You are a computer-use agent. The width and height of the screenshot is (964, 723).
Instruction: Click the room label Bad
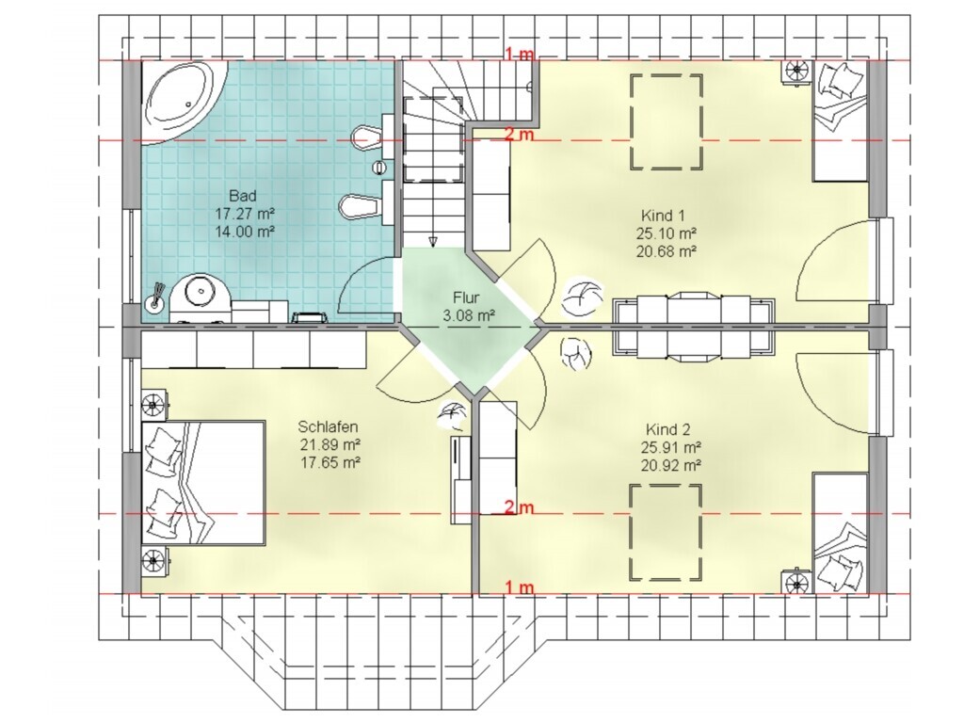pos(242,196)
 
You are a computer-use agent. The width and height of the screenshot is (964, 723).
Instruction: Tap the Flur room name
pos(466,298)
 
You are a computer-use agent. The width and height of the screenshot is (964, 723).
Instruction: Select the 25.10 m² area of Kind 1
pos(666,233)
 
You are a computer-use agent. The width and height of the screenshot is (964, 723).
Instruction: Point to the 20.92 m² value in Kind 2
pos(670,466)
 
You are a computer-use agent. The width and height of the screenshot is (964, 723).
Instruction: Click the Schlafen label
pos(328,426)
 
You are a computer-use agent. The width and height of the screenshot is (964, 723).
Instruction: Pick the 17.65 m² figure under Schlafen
pos(329,462)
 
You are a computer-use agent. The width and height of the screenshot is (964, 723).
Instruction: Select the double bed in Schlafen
pos(203,483)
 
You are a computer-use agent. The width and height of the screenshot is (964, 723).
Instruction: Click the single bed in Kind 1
pos(840,120)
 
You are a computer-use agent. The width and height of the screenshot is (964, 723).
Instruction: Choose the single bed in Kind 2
pos(840,533)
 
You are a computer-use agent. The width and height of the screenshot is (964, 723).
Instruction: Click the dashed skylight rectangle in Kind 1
pos(666,121)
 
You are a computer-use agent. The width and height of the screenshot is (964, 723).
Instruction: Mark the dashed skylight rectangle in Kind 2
pos(666,533)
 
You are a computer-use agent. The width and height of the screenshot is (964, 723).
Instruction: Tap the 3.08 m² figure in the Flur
pos(469,316)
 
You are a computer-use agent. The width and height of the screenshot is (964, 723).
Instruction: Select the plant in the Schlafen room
pos(452,416)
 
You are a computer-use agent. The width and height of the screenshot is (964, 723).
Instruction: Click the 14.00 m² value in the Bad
pos(244,232)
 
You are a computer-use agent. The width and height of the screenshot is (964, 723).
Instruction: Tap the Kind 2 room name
pos(668,429)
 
